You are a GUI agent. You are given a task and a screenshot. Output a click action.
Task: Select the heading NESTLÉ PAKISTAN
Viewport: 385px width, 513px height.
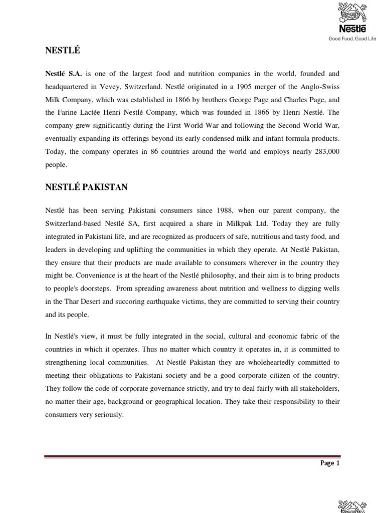[86, 187]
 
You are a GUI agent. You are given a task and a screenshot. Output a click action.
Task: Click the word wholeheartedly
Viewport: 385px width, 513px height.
[267, 362]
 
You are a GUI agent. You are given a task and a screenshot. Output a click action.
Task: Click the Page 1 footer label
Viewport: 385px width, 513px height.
[330, 463]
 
